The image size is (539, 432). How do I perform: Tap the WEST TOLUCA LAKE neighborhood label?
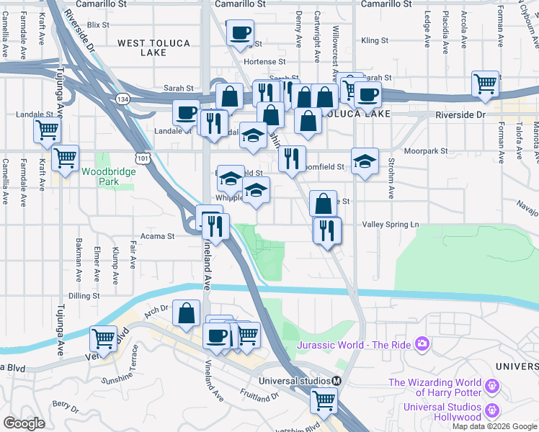[x=153, y=48]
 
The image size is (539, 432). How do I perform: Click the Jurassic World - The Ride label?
[x=354, y=345]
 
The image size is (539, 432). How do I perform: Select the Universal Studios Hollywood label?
[x=442, y=412]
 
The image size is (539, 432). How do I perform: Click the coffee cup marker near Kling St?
[x=240, y=32]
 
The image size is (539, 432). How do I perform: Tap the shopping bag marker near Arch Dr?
[x=186, y=313]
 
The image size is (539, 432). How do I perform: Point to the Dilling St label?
[x=84, y=296]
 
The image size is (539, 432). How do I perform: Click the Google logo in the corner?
[x=24, y=423]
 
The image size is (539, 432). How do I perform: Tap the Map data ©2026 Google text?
[x=494, y=426]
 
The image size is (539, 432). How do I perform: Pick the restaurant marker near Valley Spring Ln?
[x=327, y=230]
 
